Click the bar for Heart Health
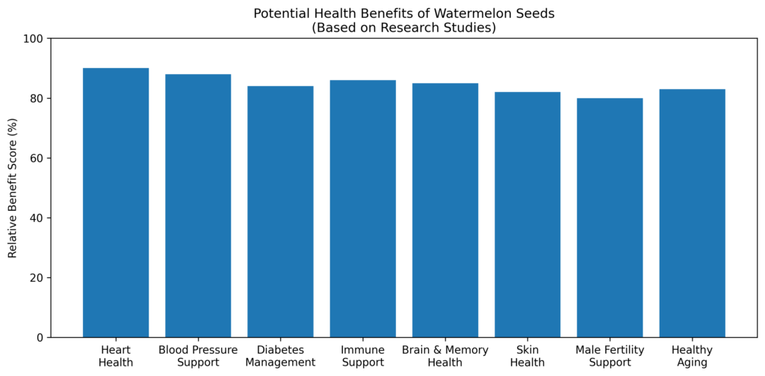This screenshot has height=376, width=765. [116, 203]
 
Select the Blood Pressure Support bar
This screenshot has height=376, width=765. [198, 206]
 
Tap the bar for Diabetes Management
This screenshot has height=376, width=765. [281, 212]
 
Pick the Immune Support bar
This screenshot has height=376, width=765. [362, 209]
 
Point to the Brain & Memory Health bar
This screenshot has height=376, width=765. [445, 210]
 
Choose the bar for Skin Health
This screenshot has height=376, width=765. [527, 215]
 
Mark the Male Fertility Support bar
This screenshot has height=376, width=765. [610, 218]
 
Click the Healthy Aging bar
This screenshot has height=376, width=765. [692, 213]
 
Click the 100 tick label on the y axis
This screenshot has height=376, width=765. [36, 39]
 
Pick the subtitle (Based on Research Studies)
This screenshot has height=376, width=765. [403, 28]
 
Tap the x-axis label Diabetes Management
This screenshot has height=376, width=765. [281, 357]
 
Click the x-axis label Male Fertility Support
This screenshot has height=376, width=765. [610, 357]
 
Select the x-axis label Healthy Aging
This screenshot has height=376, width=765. [692, 357]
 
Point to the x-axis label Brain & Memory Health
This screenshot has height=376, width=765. [445, 357]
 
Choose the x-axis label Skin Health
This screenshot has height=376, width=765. [527, 357]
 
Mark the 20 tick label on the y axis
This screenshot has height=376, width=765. [39, 278]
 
